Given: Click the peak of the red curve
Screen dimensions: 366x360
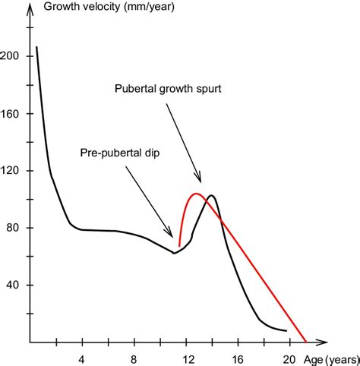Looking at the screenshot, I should (196, 194).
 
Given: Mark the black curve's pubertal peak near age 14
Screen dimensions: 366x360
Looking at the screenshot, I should (211, 196).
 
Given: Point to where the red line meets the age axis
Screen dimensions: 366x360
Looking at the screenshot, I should (305, 340).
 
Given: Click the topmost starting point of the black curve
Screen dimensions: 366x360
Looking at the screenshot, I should (36, 47).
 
